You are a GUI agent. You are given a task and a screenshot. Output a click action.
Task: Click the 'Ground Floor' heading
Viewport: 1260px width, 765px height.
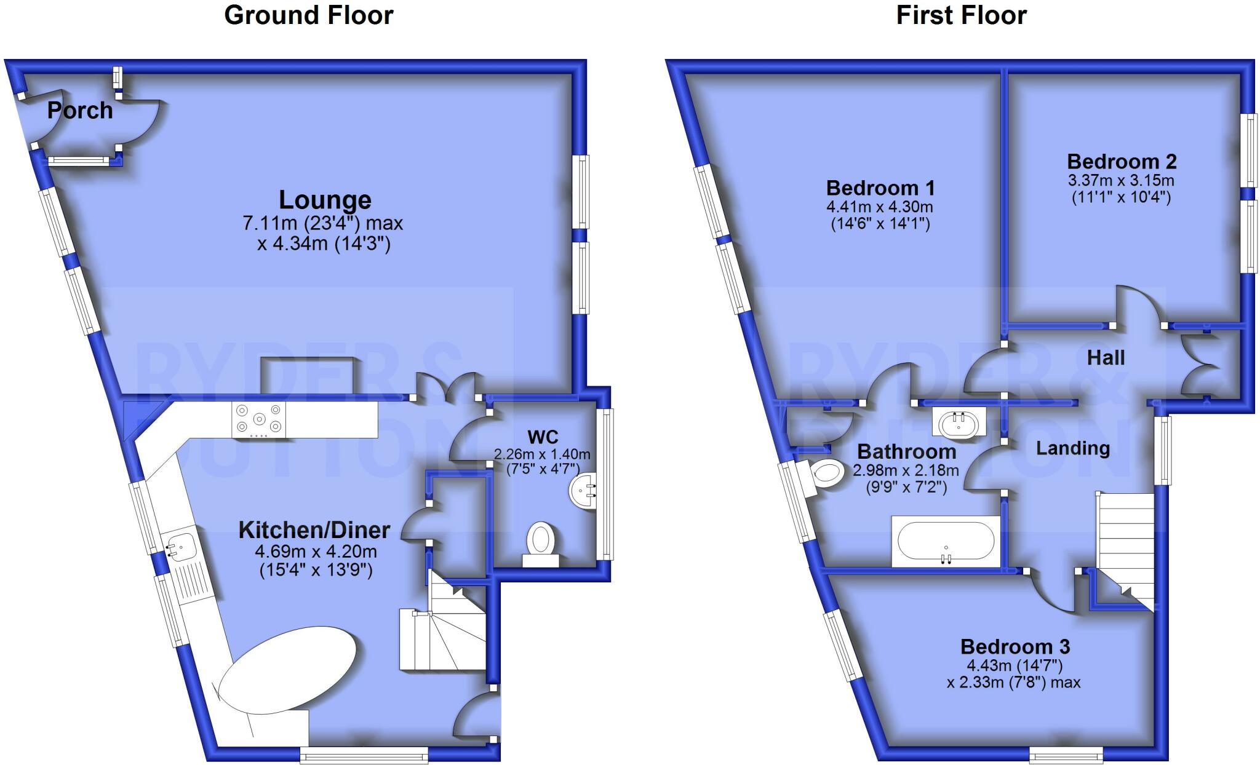pos(308,15)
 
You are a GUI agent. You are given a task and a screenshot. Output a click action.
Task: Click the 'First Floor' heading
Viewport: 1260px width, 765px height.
pos(961,15)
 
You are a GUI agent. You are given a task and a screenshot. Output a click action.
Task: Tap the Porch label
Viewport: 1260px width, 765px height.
pos(80,111)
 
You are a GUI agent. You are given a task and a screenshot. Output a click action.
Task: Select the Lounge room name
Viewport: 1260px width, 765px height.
pos(325,200)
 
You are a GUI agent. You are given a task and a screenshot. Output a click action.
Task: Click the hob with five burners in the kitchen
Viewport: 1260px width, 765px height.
pos(259,419)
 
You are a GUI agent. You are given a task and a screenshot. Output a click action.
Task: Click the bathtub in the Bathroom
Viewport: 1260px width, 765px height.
pos(946,541)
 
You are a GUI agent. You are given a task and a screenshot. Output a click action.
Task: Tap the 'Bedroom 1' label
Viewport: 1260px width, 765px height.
pos(880,188)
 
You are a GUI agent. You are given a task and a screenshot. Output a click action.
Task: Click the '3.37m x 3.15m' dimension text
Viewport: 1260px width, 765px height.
pos(1121,181)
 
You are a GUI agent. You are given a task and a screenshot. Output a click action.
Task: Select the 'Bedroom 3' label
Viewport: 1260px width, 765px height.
pos(1015,647)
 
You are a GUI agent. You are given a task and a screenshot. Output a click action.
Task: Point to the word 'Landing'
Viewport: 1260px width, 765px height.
pos(1072,448)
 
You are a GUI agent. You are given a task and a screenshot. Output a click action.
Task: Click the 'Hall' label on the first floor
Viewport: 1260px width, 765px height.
pos(1106,358)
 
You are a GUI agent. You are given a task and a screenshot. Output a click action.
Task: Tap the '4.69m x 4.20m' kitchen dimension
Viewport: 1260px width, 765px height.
pos(316,552)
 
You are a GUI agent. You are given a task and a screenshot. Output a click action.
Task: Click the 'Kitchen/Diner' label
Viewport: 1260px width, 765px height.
pos(314,529)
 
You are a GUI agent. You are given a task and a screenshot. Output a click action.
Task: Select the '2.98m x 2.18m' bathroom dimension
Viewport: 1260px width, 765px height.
pos(905,471)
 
